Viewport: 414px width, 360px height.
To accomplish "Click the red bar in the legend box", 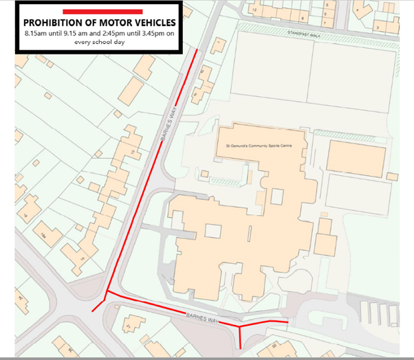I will pyautogui.click(x=102, y=12).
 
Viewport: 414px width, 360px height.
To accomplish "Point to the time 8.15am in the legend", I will pyautogui.click(x=39, y=33).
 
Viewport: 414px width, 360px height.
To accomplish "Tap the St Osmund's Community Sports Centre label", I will pyautogui.click(x=260, y=146).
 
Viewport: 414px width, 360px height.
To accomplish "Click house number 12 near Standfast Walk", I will pyautogui.click(x=254, y=10).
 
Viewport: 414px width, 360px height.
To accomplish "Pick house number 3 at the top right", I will pyautogui.click(x=378, y=26).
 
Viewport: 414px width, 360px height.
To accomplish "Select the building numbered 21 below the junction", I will pyautogui.click(x=128, y=325).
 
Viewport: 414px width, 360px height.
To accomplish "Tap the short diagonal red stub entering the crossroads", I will pyautogui.click(x=100, y=301).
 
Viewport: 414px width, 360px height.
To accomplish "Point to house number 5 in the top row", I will pyautogui.click(x=327, y=5).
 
